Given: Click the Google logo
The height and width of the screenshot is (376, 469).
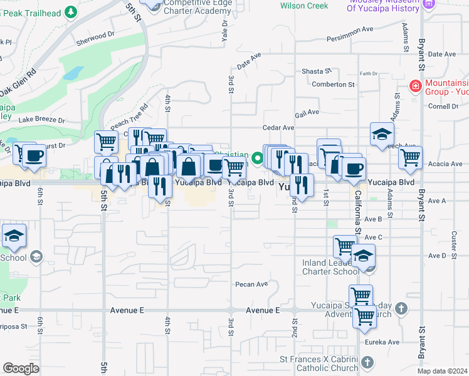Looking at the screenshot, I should coord(21,368).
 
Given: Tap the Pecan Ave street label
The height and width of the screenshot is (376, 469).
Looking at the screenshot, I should coord(251,285).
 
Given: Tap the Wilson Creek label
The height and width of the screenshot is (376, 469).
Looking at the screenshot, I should coord(304,6).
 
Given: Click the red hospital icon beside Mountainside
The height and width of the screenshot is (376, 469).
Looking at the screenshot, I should coord(414,85).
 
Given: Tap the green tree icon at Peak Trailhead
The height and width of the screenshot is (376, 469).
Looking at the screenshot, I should coord(71,11).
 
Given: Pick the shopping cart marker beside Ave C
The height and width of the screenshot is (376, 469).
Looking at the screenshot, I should coord(345,247).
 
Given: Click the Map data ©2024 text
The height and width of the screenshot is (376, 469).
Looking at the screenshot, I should coord(443,371).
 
